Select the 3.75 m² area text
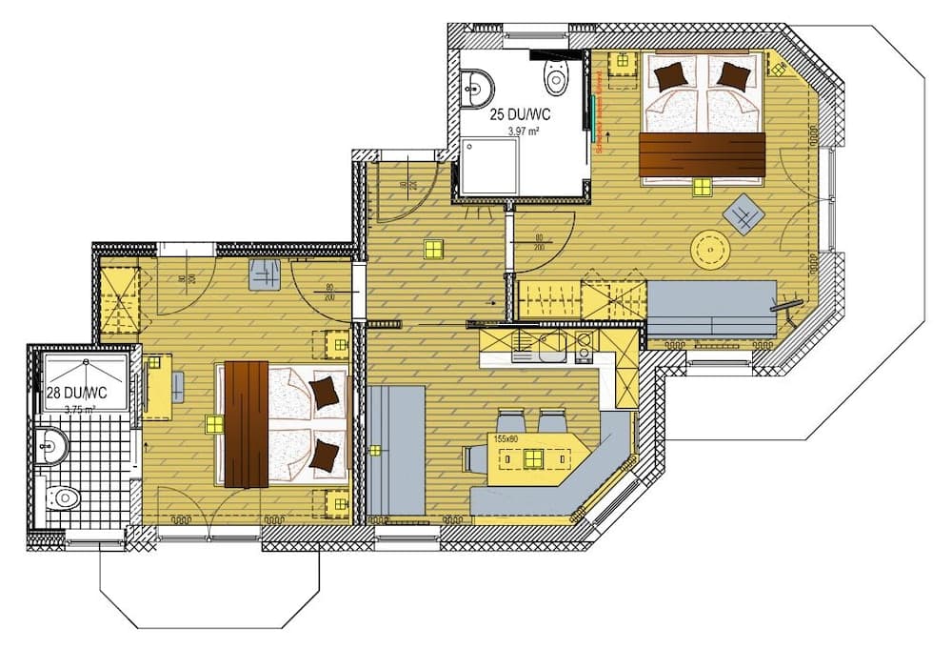point(80,410)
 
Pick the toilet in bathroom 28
point(64,497)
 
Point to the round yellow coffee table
point(710,250)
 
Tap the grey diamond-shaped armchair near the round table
point(743,213)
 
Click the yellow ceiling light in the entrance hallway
point(433,249)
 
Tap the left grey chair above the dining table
point(510,421)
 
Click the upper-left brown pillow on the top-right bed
point(670,73)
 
